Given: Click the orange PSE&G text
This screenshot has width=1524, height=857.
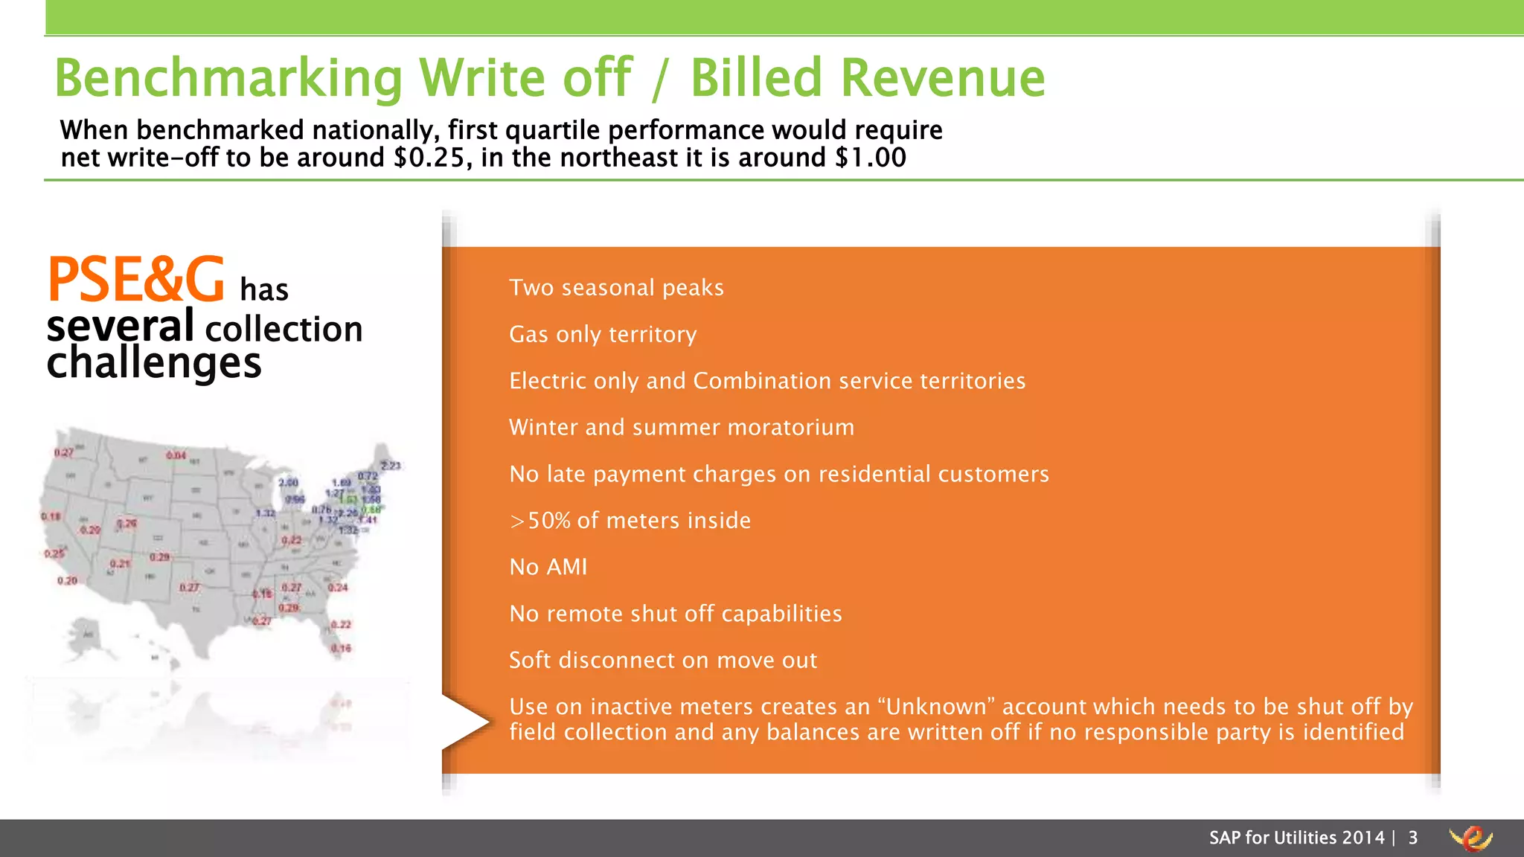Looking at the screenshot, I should coord(135,280).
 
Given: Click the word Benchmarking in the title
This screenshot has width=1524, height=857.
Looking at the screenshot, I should coord(228,78).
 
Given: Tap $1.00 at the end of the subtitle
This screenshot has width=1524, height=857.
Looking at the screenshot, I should coord(870,158).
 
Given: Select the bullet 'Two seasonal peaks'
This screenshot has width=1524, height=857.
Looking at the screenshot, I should coord(616,288).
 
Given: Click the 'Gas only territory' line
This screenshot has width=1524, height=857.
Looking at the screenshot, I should coord(603,335).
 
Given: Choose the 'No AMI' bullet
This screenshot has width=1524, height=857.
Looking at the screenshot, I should coord(548,568).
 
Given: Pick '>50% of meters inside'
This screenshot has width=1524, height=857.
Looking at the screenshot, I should coord(630,521).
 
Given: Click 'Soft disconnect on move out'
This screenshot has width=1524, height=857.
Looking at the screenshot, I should coord(663,661).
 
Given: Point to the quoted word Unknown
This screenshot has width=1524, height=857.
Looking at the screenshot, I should coord(936,707).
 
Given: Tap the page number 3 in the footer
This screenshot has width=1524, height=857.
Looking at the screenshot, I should coord(1412,838).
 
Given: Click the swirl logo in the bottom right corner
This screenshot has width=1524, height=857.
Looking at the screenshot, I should coord(1470,838).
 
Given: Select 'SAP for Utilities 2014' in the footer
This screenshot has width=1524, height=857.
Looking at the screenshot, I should coord(1296,838).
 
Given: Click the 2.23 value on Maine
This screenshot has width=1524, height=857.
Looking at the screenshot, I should coord(391,466).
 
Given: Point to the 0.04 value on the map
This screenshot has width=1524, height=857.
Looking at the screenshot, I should coord(176,455).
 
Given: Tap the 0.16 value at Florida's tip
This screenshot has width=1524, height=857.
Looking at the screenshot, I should coord(341,649).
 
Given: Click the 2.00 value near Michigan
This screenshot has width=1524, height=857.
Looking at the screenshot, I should coord(288,483).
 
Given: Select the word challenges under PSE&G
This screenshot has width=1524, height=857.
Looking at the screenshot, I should coord(154,363).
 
